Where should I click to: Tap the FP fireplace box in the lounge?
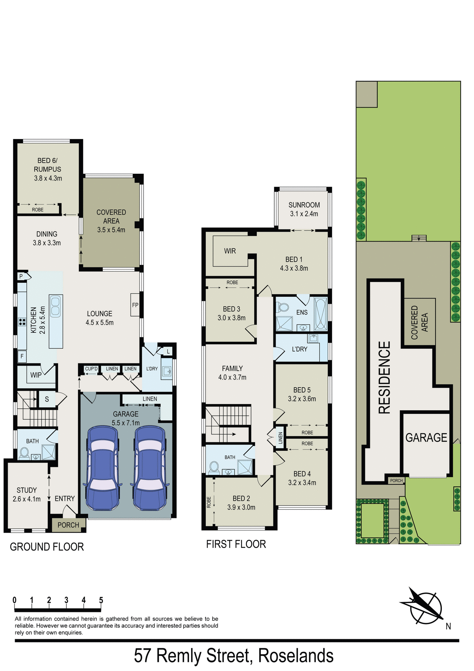click(x=135, y=305)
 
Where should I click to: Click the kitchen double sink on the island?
click(x=56, y=306)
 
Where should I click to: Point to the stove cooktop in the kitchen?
click(x=22, y=322)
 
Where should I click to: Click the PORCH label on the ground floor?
click(x=68, y=525)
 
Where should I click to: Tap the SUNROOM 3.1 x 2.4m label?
click(x=304, y=209)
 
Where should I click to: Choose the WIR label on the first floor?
click(x=230, y=251)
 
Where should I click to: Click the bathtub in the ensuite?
click(x=320, y=314)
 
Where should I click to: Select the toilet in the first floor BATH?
click(x=213, y=467)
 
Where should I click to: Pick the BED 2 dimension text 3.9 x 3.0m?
click(x=241, y=507)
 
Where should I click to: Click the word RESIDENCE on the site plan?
click(x=385, y=377)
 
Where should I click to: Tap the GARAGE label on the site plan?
click(x=426, y=438)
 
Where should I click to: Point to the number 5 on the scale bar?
click(x=101, y=600)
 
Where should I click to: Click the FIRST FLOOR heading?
click(x=236, y=544)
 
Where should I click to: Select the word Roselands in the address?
click(x=296, y=656)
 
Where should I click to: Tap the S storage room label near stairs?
click(x=47, y=399)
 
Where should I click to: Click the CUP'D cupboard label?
click(x=92, y=369)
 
